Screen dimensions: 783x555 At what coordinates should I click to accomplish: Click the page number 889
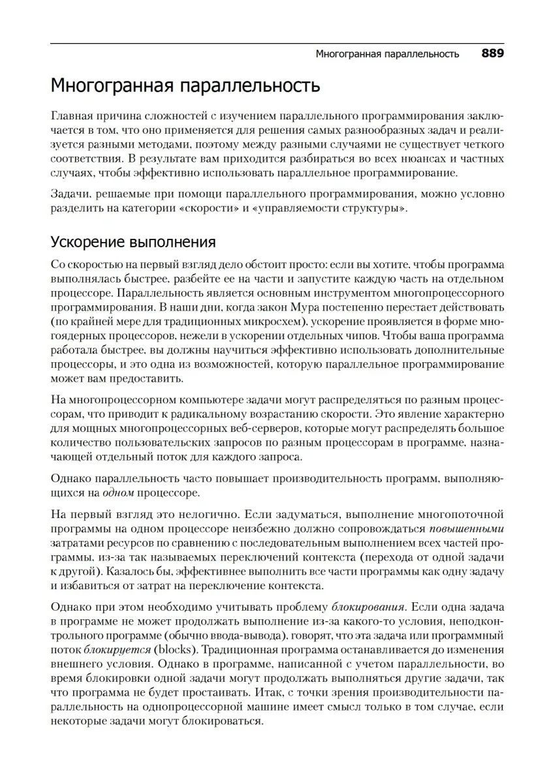[493, 54]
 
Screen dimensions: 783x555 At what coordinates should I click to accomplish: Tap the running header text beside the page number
[387, 54]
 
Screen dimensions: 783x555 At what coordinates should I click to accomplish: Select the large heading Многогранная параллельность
[185, 86]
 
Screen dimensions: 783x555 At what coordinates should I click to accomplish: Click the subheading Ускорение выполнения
[133, 243]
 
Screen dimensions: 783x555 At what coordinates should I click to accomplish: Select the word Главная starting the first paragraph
[72, 115]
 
